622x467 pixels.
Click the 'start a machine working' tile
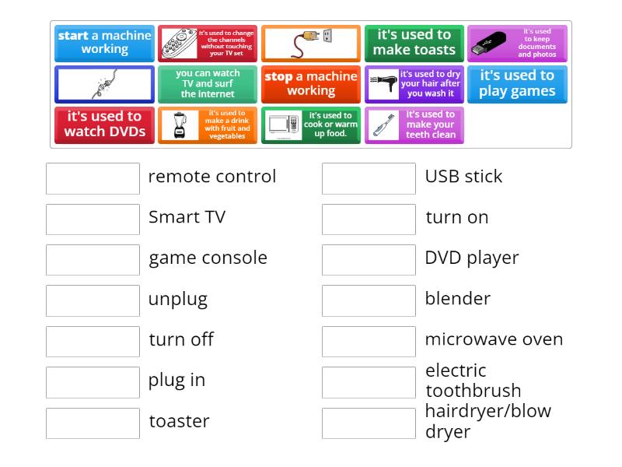click(x=104, y=43)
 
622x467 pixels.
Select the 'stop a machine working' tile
click(x=310, y=84)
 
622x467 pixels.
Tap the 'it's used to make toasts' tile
click(x=414, y=43)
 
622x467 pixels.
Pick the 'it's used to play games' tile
click(x=517, y=84)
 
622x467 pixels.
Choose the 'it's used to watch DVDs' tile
click(x=104, y=125)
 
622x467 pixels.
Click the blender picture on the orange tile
click(x=180, y=125)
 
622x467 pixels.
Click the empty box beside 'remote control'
click(x=93, y=178)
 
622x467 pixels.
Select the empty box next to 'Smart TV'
click(x=93, y=219)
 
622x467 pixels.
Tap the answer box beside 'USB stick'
click(x=369, y=178)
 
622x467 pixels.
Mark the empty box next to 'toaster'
click(x=93, y=423)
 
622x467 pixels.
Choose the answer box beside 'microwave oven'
click(x=369, y=342)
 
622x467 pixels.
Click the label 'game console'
click(x=208, y=258)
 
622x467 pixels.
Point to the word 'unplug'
click(x=178, y=299)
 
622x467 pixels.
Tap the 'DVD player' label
click(x=471, y=258)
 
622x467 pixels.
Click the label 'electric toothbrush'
click(x=473, y=381)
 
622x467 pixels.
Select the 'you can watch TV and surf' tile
click(x=208, y=84)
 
